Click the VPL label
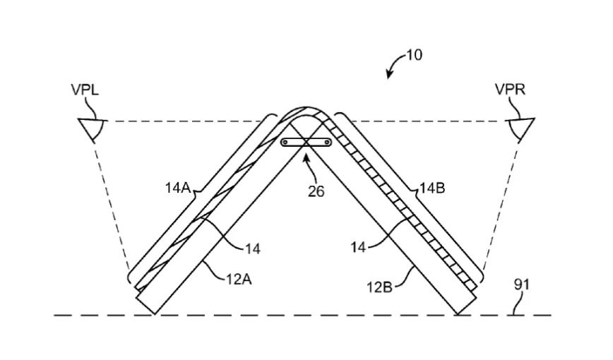click(x=85, y=90)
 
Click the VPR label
click(x=510, y=90)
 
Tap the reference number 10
click(x=414, y=55)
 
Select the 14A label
click(x=177, y=188)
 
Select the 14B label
click(x=432, y=188)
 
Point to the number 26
click(x=316, y=191)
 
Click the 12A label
click(x=239, y=279)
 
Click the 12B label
click(x=379, y=287)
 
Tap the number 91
click(x=521, y=284)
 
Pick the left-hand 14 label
click(x=252, y=248)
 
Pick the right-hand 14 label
click(x=358, y=247)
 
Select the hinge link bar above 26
click(x=306, y=143)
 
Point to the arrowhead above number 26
click(x=306, y=157)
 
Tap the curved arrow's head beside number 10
click(x=388, y=74)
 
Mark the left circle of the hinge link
click(x=285, y=143)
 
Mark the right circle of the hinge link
click(x=327, y=143)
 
